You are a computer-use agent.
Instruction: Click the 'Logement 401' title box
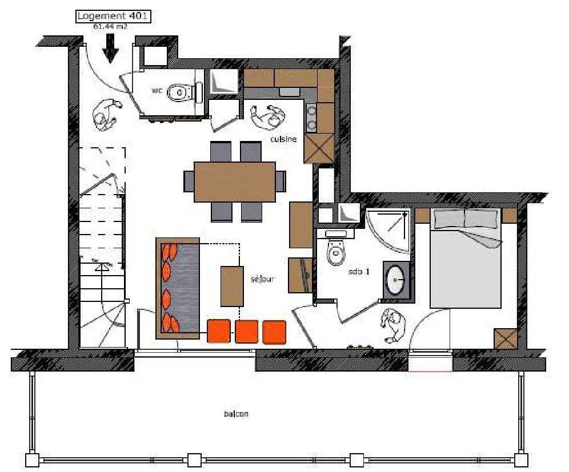[113, 17]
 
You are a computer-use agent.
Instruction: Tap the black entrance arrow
[110, 48]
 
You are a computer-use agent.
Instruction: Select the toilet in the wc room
[185, 92]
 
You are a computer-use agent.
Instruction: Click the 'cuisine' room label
[283, 139]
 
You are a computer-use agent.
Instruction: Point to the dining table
[235, 181]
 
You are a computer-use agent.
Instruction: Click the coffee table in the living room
[232, 287]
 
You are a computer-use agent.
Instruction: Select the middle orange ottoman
[246, 332]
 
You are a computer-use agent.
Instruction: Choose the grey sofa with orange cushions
[178, 289]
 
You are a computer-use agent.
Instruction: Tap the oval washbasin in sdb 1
[395, 280]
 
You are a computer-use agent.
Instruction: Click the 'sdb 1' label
[359, 272]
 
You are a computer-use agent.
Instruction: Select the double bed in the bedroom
[466, 258]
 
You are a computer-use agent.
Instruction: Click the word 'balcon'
[237, 414]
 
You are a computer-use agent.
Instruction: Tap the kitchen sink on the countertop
[290, 92]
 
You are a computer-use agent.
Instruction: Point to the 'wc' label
[157, 90]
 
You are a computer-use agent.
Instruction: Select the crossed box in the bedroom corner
[505, 340]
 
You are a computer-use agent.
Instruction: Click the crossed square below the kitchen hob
[319, 148]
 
